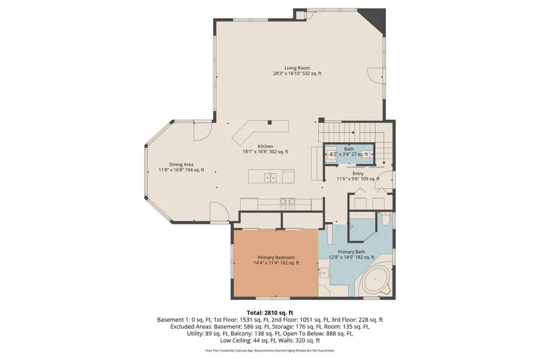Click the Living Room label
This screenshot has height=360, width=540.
point(297,68)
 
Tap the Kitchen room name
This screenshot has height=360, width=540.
point(265,147)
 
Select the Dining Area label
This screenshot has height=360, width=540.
point(181,164)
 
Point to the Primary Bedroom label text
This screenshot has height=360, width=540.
point(276,257)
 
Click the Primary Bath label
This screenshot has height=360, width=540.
point(351,252)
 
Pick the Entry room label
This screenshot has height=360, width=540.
point(358,173)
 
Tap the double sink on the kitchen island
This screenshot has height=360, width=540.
point(271,178)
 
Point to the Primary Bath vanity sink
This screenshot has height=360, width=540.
point(323,274)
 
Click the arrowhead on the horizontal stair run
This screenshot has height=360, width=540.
point(354,133)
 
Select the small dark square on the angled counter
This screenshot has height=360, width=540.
point(270,122)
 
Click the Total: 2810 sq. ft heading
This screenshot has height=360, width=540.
point(270,313)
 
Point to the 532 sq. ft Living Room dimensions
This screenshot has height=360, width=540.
point(297,73)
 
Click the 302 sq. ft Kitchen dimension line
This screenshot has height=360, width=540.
point(265,152)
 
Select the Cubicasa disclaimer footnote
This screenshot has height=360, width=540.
point(270,351)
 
